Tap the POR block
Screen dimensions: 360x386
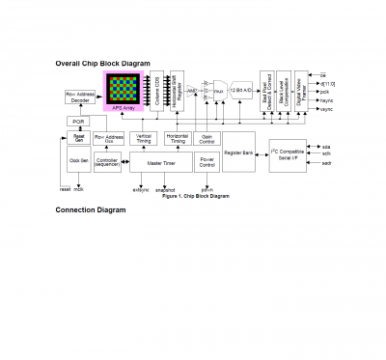(x=79, y=122)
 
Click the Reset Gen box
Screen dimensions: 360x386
(x=79, y=139)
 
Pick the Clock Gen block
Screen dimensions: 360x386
(x=79, y=161)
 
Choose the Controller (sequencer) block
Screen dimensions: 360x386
(x=107, y=162)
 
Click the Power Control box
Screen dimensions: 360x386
(x=207, y=162)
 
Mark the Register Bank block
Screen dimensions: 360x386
(x=238, y=153)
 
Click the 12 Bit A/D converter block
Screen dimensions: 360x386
(x=240, y=90)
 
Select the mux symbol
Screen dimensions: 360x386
(x=218, y=90)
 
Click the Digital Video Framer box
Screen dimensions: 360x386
(x=300, y=89)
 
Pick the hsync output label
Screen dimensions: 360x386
(x=325, y=100)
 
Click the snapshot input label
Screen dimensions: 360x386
(x=165, y=190)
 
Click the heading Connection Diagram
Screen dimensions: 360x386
(x=91, y=209)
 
